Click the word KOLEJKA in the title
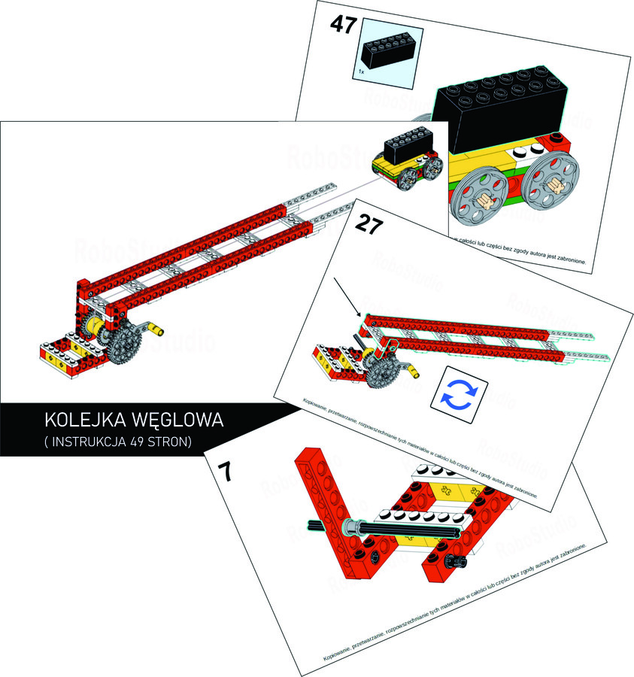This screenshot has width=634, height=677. (83, 420)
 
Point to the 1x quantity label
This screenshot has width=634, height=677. (362, 71)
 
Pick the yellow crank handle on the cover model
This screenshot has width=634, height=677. (153, 329)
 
